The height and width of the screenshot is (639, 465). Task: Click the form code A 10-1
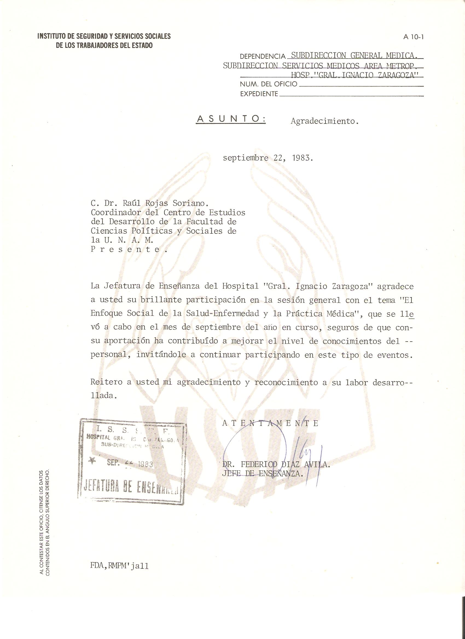[414, 37]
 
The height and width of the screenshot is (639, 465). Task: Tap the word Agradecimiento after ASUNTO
[325, 121]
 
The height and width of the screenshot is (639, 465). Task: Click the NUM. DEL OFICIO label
[268, 84]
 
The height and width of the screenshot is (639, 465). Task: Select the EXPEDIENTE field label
[259, 94]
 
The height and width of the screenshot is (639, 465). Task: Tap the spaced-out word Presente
[129, 249]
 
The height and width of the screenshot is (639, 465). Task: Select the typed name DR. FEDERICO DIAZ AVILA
[276, 465]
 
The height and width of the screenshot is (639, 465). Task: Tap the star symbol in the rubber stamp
[92, 461]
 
